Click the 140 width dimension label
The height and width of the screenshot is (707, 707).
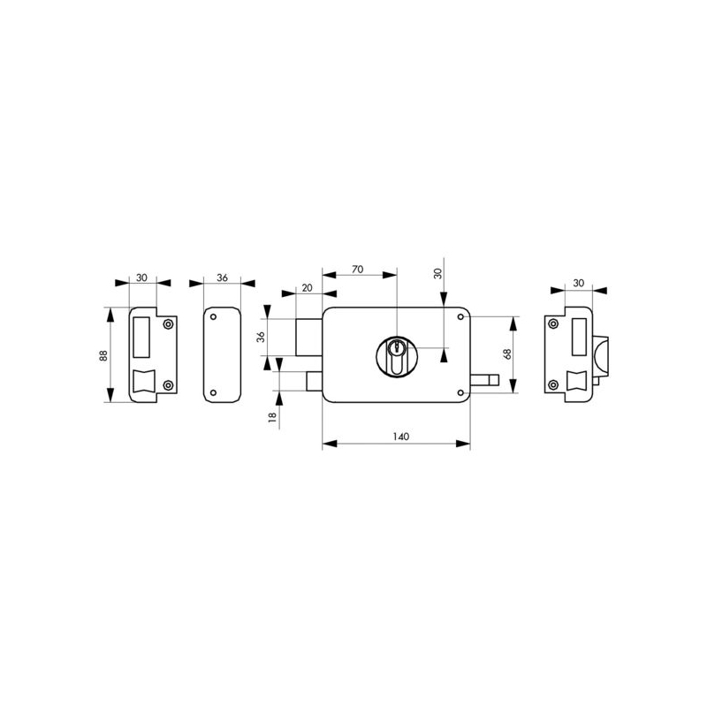[x=401, y=437]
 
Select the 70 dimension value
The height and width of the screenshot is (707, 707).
[x=358, y=270]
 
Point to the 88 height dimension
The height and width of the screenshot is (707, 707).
[x=103, y=355]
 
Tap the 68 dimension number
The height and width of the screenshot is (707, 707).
[x=507, y=354]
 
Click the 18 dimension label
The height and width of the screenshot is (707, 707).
[x=272, y=417]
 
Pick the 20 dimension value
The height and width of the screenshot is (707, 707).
[x=307, y=288]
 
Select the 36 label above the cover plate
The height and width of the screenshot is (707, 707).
[x=223, y=277]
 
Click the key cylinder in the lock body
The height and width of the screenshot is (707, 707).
[x=397, y=356]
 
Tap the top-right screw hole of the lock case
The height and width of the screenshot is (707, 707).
[x=460, y=317]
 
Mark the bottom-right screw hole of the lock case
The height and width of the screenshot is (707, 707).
[x=460, y=392]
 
